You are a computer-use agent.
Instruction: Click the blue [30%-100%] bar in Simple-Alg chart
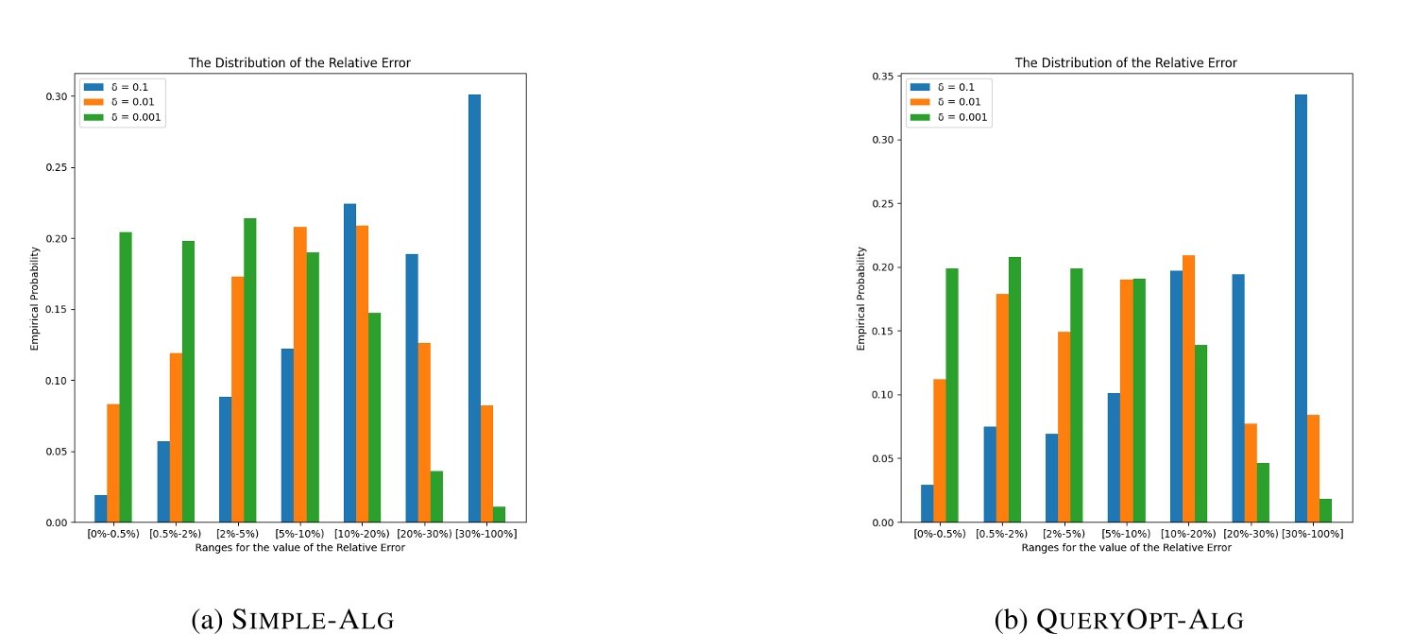(474, 308)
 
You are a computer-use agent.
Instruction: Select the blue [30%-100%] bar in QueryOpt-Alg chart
(1301, 308)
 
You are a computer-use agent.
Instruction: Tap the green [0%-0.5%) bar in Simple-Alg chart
(126, 377)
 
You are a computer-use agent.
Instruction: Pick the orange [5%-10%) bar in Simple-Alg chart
(299, 374)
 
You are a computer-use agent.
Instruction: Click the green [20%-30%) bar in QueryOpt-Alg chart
(1263, 492)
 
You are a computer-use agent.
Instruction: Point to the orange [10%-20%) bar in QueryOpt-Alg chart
(1188, 388)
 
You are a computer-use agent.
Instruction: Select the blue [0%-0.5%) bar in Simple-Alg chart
(101, 508)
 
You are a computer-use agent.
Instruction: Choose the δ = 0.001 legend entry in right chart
(949, 117)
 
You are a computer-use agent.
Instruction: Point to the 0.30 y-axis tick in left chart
(57, 96)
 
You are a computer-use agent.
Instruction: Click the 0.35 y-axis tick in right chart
(883, 76)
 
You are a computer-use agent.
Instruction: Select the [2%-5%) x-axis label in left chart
(237, 534)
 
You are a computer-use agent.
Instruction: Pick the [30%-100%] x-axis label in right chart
(1313, 534)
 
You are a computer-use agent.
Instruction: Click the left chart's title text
(299, 63)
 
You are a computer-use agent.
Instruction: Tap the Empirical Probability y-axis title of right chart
(861, 299)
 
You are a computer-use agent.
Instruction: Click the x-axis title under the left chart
(299, 547)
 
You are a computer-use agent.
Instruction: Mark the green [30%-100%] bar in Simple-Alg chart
(499, 514)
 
